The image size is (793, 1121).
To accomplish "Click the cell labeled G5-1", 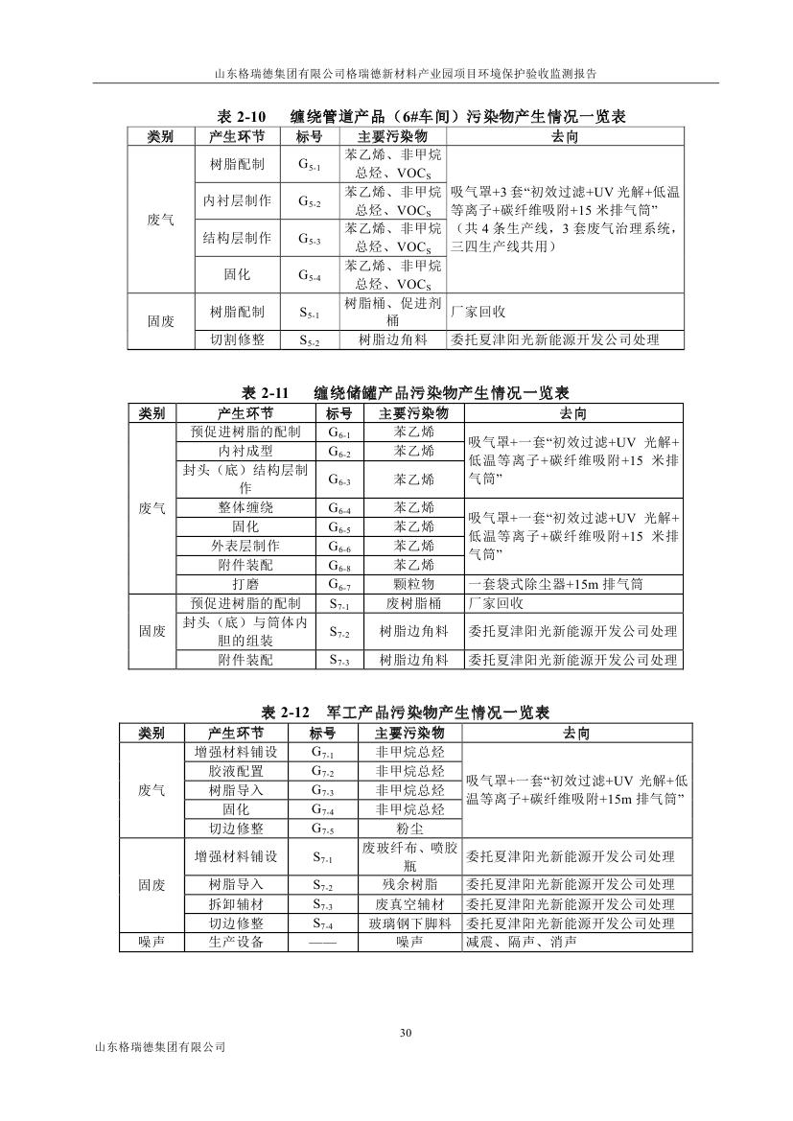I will coord(309,165).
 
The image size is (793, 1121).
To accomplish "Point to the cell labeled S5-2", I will coord(309,339).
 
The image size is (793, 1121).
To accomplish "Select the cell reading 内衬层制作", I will coord(237,201).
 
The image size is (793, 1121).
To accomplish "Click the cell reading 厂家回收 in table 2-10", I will coord(478,313).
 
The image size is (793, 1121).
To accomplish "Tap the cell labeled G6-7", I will coord(339,583).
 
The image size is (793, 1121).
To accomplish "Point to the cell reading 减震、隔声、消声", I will coord(521,943).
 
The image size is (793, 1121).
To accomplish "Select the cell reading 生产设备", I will coord(236,943).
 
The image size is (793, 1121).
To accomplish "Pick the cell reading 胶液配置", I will coord(236,771).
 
